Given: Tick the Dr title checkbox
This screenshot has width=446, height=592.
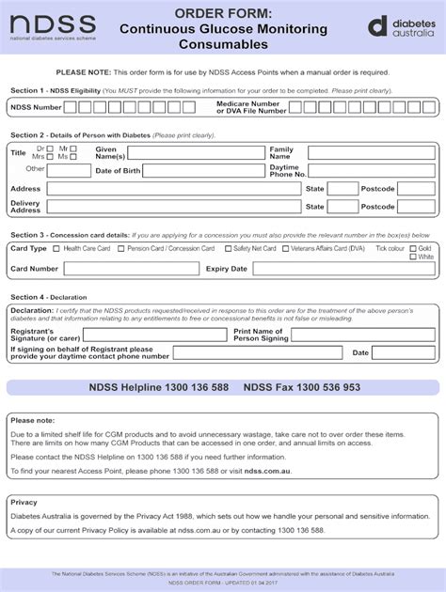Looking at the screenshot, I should (x=51, y=148).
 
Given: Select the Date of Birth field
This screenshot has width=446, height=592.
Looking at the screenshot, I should (x=201, y=171).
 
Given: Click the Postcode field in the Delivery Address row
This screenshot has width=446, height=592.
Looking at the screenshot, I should (x=415, y=207).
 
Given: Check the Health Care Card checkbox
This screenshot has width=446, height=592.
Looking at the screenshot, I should (x=57, y=249).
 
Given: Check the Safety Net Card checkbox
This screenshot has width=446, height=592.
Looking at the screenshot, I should (x=229, y=249).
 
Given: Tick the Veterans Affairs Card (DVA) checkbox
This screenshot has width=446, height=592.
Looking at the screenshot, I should (x=285, y=249).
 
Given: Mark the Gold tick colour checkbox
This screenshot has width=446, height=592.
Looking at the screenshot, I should (x=413, y=248).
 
